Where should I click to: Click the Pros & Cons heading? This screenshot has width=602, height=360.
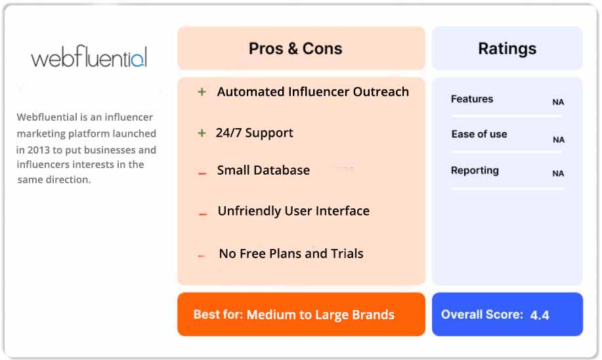coord(295,49)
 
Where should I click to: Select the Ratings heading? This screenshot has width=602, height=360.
coord(507,49)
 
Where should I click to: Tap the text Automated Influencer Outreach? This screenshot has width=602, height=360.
coord(312,92)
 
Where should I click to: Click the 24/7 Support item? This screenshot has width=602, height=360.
coord(254,133)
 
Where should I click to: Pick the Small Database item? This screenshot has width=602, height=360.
coord(263,170)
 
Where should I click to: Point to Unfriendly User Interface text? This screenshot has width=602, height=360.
coord(293,211)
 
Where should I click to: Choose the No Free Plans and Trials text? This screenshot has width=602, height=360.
coord(291,254)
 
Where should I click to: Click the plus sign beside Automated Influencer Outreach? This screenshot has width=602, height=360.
coord(202,93)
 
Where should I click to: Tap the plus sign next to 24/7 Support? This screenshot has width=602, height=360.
coord(202,133)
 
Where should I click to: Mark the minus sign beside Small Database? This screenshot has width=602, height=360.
coord(203,173)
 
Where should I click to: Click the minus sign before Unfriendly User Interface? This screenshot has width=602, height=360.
coord(203,214)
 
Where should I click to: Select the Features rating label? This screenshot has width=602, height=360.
coord(471,99)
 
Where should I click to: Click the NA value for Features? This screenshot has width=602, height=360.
coord(558,102)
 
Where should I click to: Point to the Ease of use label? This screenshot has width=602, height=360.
coord(479,134)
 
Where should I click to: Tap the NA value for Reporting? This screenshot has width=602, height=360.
coord(558,174)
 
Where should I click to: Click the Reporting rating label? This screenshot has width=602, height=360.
coord(475,171)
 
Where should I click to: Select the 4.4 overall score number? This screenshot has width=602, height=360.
coord(540,315)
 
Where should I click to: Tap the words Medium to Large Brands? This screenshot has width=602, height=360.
coord(320,315)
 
